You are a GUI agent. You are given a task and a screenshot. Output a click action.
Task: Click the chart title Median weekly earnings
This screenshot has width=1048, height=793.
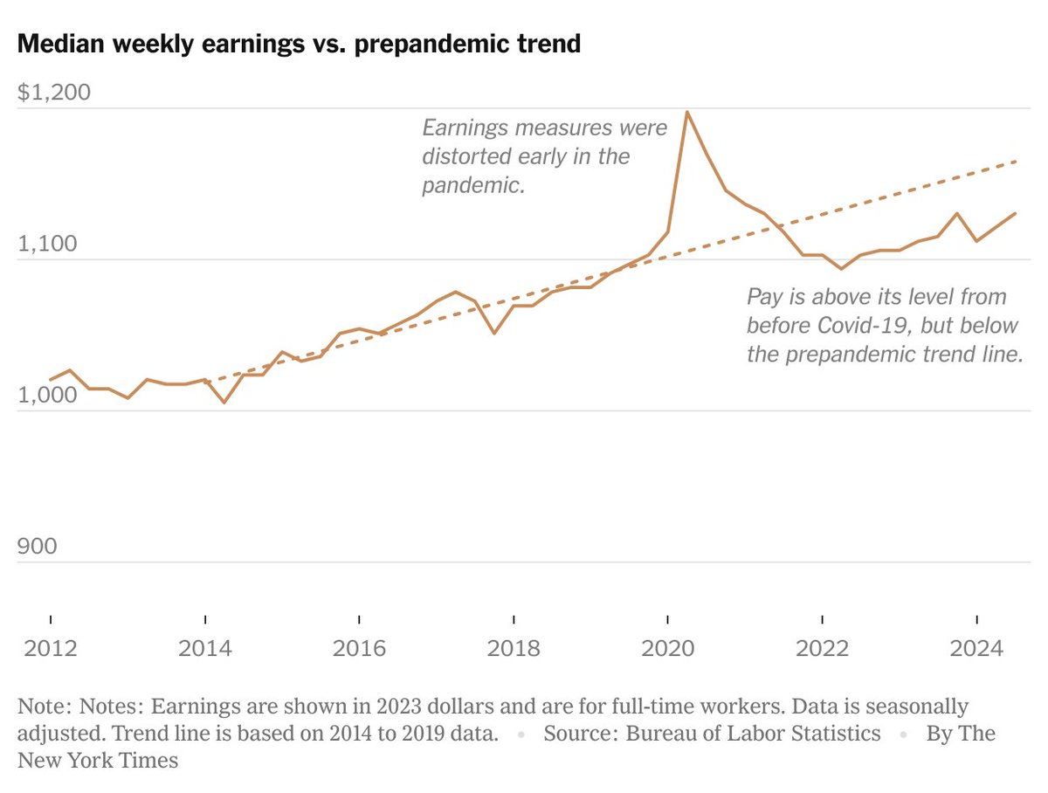point(299,44)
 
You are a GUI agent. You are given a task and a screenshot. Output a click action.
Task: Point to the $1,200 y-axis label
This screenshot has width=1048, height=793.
point(54,93)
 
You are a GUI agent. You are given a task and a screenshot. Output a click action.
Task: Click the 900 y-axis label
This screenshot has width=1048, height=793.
point(38,546)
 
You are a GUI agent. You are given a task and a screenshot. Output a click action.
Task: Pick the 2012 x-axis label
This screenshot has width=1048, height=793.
point(51,649)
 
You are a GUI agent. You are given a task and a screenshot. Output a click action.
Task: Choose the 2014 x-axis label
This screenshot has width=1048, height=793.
point(204,649)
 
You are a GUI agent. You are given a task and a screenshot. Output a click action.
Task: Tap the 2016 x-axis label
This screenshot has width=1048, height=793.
point(359,649)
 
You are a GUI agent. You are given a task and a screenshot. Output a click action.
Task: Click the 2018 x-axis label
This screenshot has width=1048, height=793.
point(514,649)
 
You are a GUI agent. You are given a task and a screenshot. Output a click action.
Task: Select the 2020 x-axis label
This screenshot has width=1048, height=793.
point(668,649)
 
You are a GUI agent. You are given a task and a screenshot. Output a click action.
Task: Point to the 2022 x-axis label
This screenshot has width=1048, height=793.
point(822,649)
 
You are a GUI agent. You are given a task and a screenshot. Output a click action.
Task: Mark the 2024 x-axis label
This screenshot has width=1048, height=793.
point(976,649)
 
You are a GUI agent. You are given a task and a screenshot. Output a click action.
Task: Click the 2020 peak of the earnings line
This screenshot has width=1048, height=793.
point(687,112)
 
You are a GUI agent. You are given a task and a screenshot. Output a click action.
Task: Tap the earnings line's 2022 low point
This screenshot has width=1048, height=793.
point(841,269)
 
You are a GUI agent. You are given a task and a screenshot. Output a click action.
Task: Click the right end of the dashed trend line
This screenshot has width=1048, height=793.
point(1017,161)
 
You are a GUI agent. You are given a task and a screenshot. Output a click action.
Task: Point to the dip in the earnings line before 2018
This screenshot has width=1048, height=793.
point(494,333)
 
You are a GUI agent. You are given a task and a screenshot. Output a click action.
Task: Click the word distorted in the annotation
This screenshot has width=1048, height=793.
point(465,157)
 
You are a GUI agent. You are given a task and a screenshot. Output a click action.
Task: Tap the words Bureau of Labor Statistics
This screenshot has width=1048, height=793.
point(753,733)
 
